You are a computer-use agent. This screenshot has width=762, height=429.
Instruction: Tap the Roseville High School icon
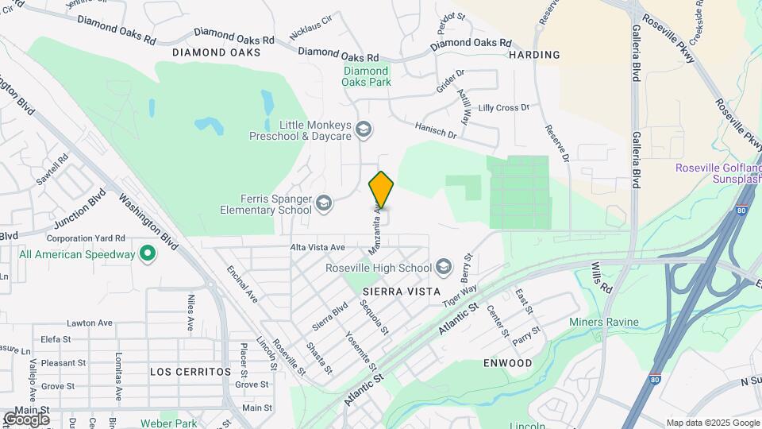pyautogui.click(x=443, y=267)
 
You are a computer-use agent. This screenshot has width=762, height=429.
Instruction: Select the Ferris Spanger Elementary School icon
pyautogui.click(x=323, y=204)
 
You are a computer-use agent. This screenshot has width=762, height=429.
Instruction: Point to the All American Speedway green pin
pyautogui.click(x=147, y=254)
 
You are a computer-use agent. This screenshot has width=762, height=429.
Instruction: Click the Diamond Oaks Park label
pyautogui.click(x=367, y=75)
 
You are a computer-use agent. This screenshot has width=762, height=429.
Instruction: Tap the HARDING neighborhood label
pyautogui.click(x=534, y=55)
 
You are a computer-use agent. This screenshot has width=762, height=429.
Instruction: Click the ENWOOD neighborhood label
pyautogui.click(x=507, y=363)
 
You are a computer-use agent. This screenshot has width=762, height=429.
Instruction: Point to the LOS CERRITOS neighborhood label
pyautogui.click(x=190, y=371)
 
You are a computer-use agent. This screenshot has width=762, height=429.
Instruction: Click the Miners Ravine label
pyautogui.click(x=603, y=322)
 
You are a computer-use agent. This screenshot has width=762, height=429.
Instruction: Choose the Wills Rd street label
pyautogui.click(x=604, y=279)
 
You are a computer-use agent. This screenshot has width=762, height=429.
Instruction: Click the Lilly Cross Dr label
pyautogui.click(x=503, y=107)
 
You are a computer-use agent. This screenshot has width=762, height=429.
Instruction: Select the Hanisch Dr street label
pyautogui.click(x=436, y=129)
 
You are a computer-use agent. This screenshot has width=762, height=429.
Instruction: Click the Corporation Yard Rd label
pyautogui.click(x=86, y=238)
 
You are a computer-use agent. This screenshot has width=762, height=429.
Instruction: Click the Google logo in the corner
pyautogui.click(x=26, y=419)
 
